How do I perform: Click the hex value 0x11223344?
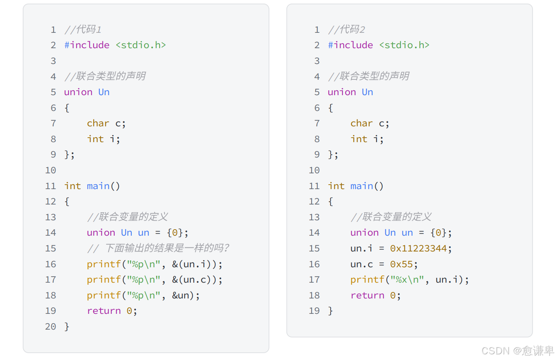[419, 248]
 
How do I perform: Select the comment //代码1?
[83, 30]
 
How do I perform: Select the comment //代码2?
[346, 30]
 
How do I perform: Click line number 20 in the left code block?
[51, 326]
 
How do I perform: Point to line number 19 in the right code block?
[314, 311]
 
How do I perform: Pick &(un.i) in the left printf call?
[195, 264]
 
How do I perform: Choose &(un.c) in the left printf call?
[195, 280]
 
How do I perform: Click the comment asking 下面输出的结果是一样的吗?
[158, 248]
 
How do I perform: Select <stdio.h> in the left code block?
[141, 45]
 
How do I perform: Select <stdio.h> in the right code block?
[404, 45]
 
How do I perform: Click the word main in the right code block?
[361, 186]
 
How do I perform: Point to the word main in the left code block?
[98, 186]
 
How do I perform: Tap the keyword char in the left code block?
[98, 123]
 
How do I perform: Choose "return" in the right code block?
[367, 295]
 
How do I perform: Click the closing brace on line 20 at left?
[67, 326]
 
